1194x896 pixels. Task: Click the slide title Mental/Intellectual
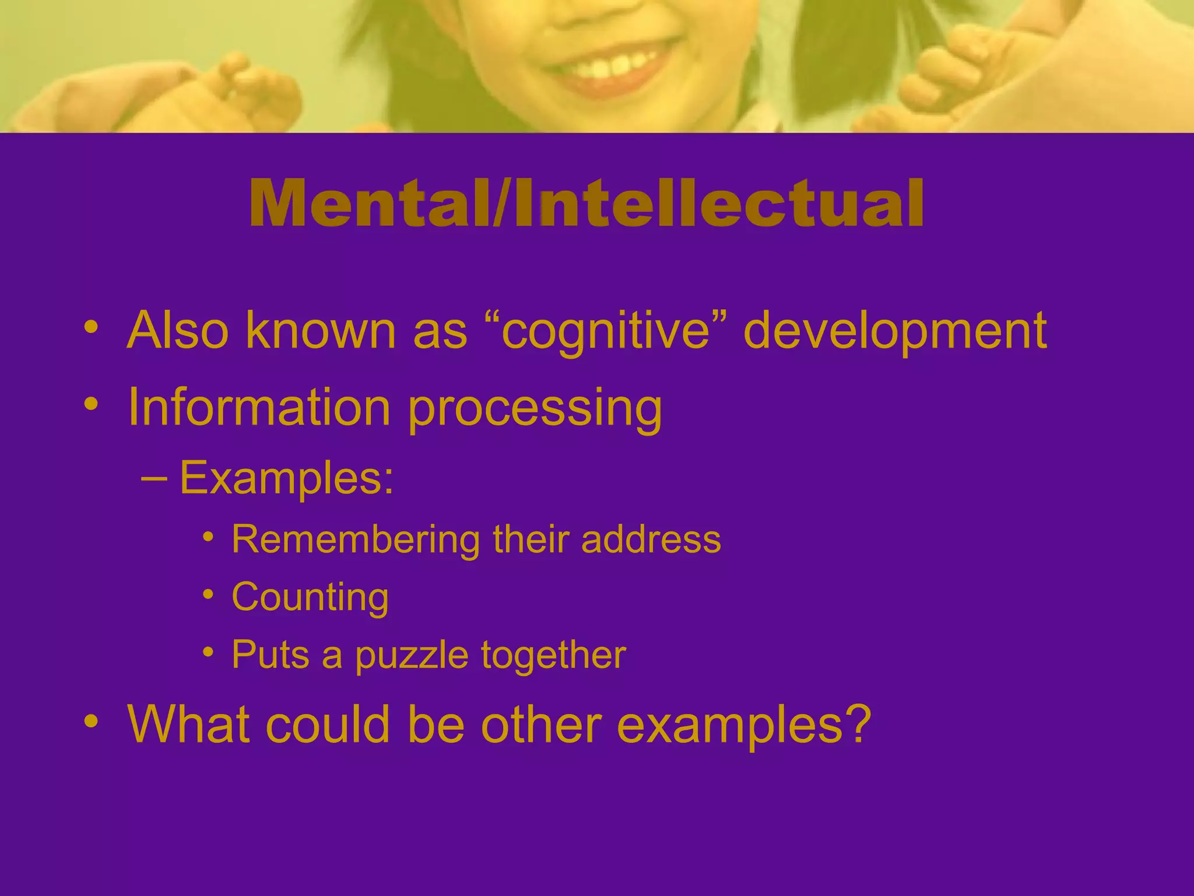tap(586, 203)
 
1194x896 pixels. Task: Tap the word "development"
tap(895, 331)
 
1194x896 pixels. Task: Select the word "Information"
tap(259, 407)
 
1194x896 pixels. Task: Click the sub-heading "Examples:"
tap(286, 478)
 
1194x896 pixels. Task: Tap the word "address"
tap(651, 539)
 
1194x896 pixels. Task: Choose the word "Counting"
tap(310, 597)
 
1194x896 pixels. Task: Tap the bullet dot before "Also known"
tap(90, 327)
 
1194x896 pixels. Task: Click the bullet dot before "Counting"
tap(208, 594)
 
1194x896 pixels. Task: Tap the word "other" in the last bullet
tap(540, 724)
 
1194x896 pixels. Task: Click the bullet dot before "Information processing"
tap(90, 403)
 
